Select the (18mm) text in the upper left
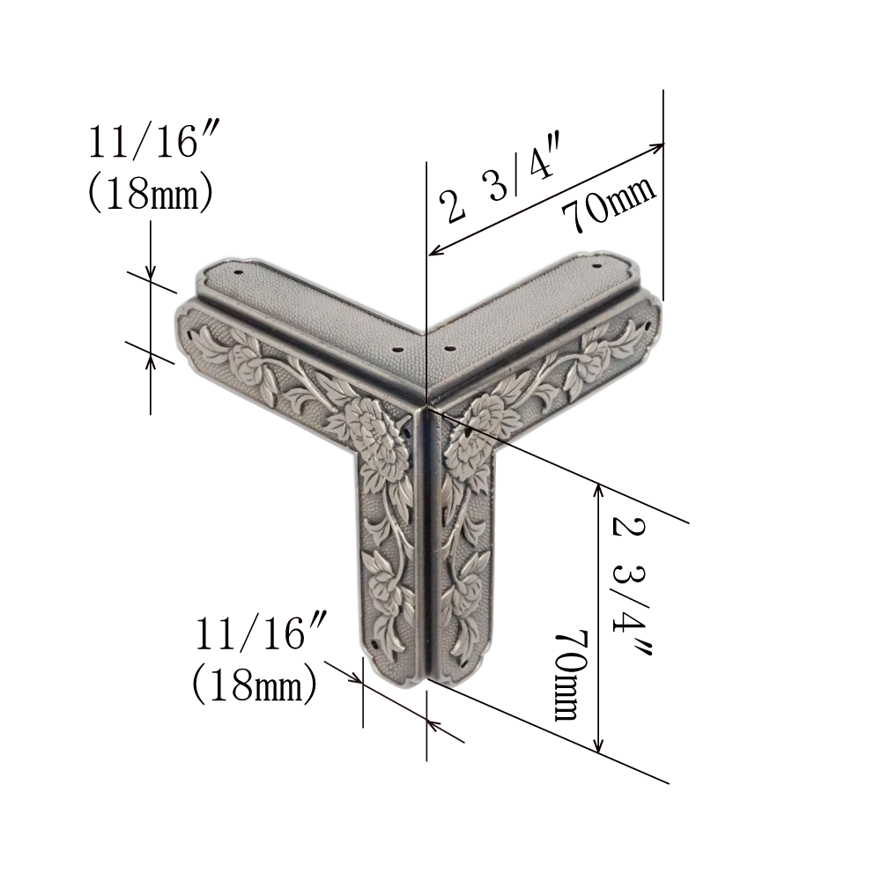point(151,193)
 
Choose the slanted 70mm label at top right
point(609,204)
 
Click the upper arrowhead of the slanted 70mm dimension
point(657,147)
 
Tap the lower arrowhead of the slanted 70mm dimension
point(436,249)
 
